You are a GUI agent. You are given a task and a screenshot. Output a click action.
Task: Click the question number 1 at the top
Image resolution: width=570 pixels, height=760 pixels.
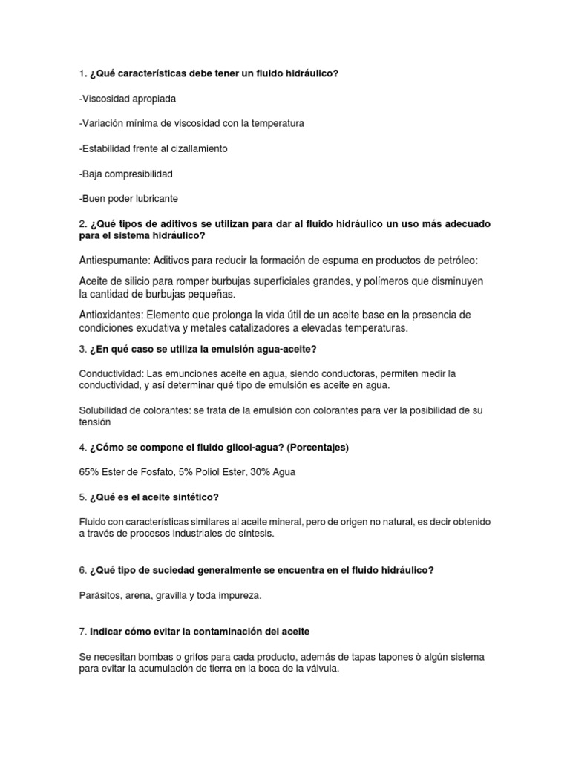[x=82, y=73]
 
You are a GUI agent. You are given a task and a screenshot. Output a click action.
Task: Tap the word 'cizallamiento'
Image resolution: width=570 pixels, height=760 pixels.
[x=197, y=148]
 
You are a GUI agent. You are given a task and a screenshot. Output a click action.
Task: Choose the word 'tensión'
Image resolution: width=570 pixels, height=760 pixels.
[x=94, y=422]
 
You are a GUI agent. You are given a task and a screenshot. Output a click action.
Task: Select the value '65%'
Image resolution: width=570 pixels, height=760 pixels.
[x=90, y=472]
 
